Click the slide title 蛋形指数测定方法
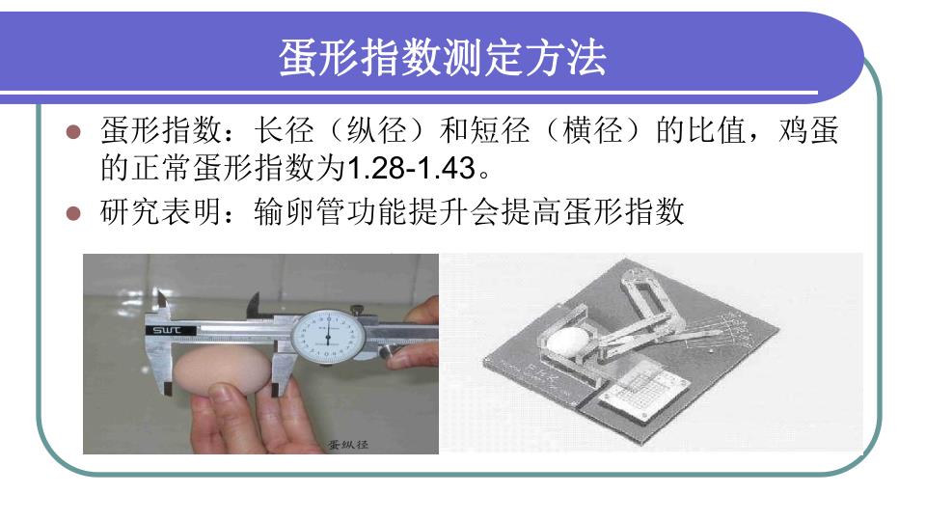pyautogui.click(x=443, y=58)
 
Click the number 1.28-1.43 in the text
pyautogui.click(x=411, y=168)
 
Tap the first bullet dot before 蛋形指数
pyautogui.click(x=73, y=131)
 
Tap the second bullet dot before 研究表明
pyautogui.click(x=73, y=212)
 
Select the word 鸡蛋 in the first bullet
pyautogui.click(x=808, y=130)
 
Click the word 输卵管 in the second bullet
pyautogui.click(x=300, y=212)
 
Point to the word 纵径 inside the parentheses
pyautogui.click(x=376, y=130)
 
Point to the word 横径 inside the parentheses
pyautogui.click(x=592, y=130)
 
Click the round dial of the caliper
pyautogui.click(x=328, y=338)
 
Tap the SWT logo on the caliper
pyautogui.click(x=167, y=330)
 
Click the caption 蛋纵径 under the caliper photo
pyautogui.click(x=348, y=444)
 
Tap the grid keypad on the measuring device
pyautogui.click(x=642, y=391)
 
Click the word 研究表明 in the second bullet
pyautogui.click(x=160, y=212)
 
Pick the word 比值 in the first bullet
pyautogui.click(x=717, y=130)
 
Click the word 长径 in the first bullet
pyautogui.click(x=284, y=130)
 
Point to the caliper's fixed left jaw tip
pyautogui.click(x=168, y=390)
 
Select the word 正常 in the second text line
pyautogui.click(x=161, y=168)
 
